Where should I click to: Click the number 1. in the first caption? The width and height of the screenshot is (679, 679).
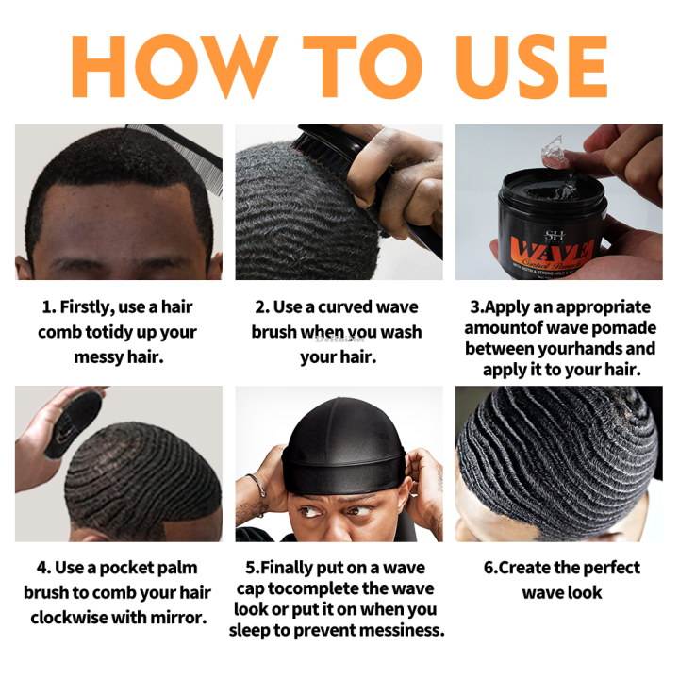(x=48, y=307)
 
